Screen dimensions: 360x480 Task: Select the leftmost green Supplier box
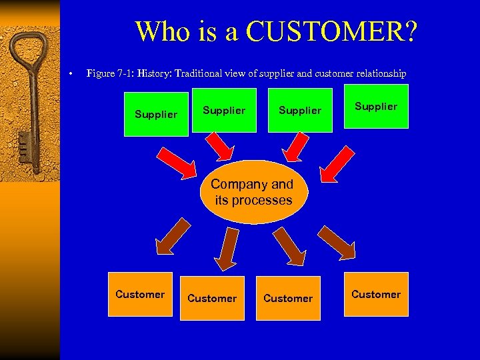pos(156,114)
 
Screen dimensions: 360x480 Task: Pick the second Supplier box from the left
pos(224,110)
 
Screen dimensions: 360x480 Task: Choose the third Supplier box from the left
pos(300,110)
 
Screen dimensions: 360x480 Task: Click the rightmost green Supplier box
pos(376,106)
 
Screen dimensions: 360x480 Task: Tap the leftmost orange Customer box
pos(140,294)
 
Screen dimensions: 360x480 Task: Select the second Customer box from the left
pos(212,298)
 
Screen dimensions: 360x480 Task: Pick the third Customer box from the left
pos(288,298)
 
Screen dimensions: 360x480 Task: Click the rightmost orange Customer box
pos(376,294)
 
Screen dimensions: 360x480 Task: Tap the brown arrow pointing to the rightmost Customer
pos(337,243)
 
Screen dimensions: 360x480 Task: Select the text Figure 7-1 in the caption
pos(111,73)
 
